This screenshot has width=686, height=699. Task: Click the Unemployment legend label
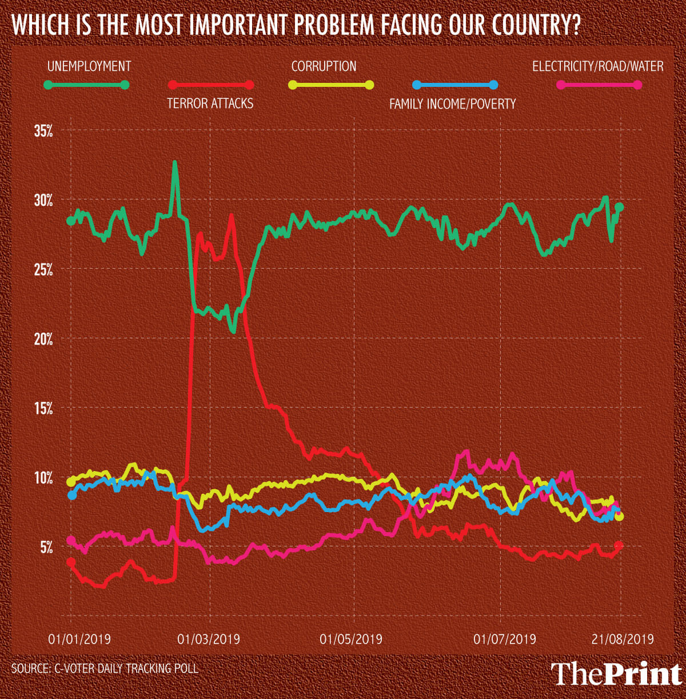point(89,66)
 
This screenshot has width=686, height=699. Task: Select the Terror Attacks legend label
point(210,103)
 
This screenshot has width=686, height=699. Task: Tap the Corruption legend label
point(324,66)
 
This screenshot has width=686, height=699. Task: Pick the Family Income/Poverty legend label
point(452,104)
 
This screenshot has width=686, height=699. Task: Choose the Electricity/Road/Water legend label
point(597,66)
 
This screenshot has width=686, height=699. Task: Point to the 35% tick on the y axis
point(43,131)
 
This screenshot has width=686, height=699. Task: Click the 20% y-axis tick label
point(43,339)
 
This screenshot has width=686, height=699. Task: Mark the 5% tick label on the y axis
point(46,547)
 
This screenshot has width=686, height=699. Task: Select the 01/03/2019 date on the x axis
point(209,638)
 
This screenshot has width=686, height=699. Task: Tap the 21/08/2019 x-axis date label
point(621,638)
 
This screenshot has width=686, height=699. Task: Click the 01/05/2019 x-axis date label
point(351,638)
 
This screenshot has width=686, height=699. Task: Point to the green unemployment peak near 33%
point(175,162)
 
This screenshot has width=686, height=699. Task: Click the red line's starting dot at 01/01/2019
point(71,562)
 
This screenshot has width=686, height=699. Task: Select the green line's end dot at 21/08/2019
point(619,207)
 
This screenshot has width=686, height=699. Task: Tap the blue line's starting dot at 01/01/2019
point(71,495)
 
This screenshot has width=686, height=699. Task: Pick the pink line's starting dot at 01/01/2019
point(71,540)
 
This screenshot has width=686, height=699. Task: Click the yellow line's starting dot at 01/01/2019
point(71,482)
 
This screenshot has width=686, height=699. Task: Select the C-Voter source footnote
point(105,668)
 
